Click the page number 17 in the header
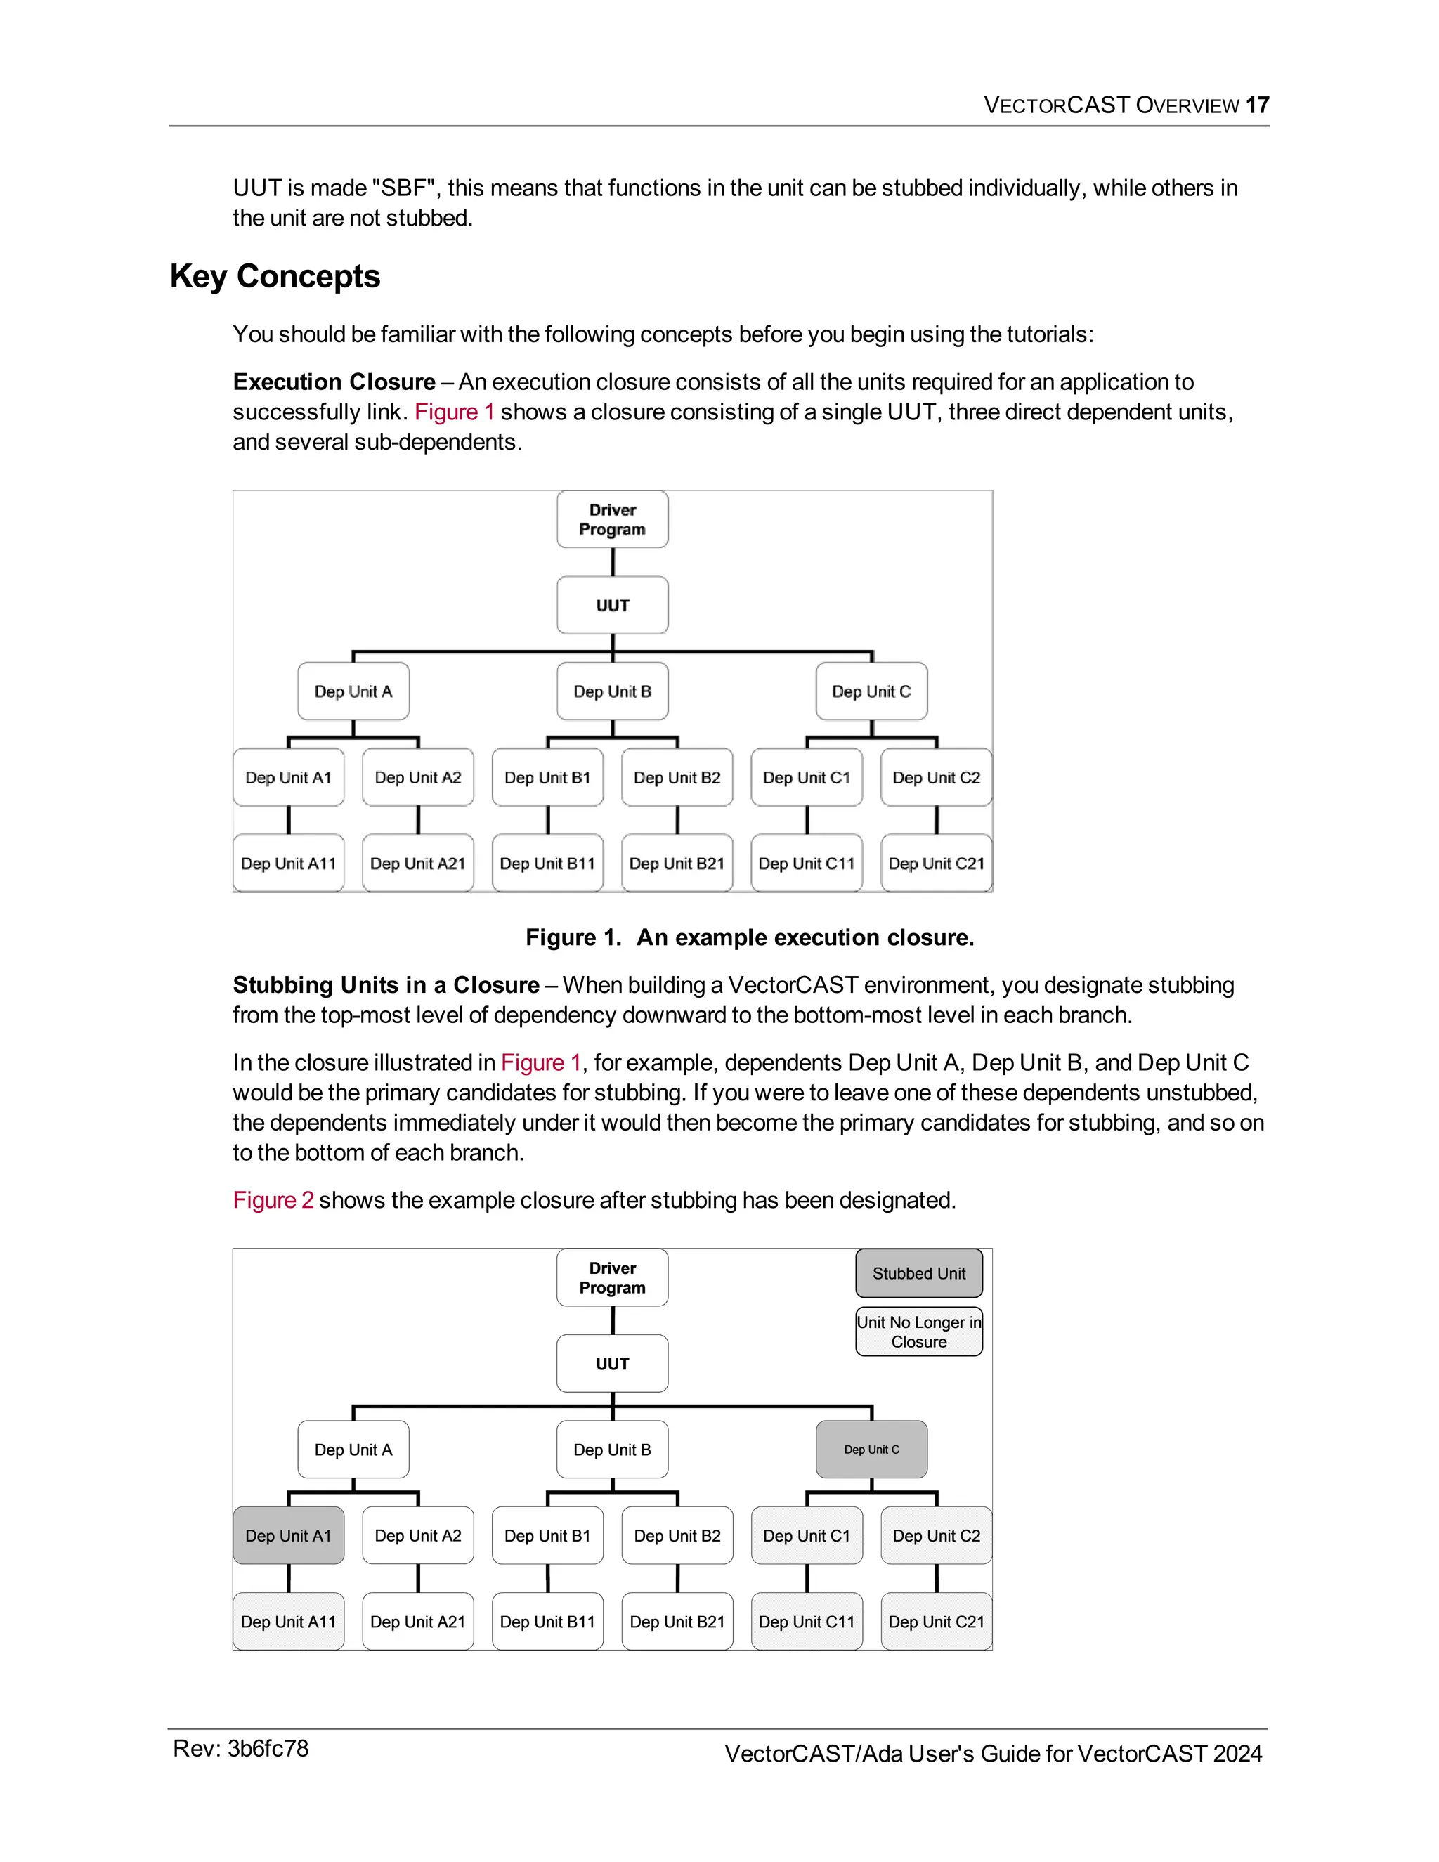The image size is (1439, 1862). coord(1258,105)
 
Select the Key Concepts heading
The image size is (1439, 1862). coord(275,276)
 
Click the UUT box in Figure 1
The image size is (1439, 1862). coord(612,605)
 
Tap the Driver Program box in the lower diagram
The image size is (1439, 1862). coord(612,1277)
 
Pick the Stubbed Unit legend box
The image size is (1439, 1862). coord(919,1273)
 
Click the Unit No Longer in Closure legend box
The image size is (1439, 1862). coord(919,1332)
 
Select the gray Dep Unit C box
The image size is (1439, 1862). coord(871,1450)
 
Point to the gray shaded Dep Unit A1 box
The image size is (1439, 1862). coord(288,1535)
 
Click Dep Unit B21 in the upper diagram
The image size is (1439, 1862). coord(677,863)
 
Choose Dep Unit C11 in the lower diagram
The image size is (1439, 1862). coord(807,1622)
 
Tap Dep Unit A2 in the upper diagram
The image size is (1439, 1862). coord(418,778)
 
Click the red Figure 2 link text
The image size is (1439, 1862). coord(273,1200)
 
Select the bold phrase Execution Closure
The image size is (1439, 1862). coord(334,382)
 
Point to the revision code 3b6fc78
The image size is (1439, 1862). coord(268,1749)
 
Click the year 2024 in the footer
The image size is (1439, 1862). coord(1237,1754)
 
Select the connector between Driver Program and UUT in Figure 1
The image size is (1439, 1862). coord(612,563)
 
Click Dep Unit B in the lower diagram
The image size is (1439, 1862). coord(612,1450)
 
